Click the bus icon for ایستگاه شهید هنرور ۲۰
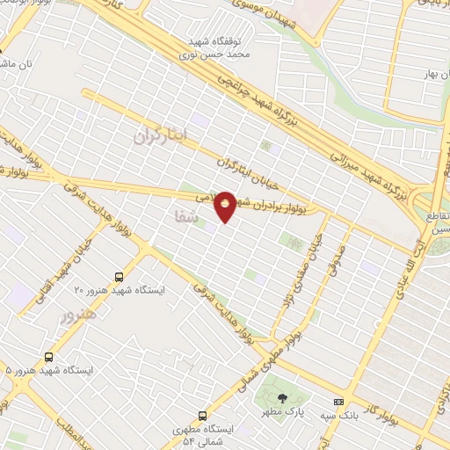coord(120,275)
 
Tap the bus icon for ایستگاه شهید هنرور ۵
coord(47,357)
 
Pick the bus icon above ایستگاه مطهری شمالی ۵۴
coord(203,416)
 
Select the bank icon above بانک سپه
coord(338,402)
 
